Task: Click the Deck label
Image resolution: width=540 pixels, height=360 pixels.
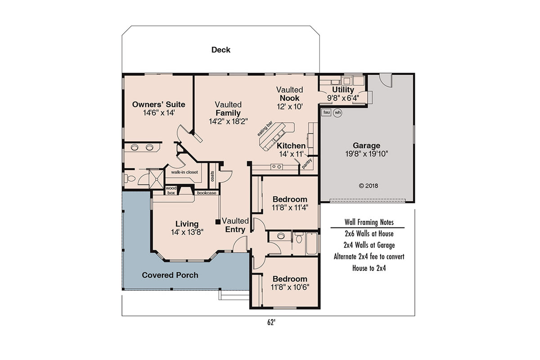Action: pyautogui.click(x=220, y=49)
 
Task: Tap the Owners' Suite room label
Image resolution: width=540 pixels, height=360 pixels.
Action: pyautogui.click(x=158, y=104)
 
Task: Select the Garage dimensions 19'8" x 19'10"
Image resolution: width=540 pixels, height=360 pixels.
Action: pyautogui.click(x=366, y=153)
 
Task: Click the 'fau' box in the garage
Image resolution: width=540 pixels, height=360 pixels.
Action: pyautogui.click(x=327, y=112)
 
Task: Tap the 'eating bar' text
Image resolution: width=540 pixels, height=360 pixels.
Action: pyautogui.click(x=265, y=129)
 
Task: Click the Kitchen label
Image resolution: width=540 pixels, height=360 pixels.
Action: pyautogui.click(x=291, y=146)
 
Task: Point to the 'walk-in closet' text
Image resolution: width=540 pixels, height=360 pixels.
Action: pyautogui.click(x=184, y=172)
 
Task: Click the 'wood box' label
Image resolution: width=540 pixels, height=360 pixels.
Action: pyautogui.click(x=171, y=190)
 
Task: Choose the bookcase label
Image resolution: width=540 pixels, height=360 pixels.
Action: pyautogui.click(x=207, y=193)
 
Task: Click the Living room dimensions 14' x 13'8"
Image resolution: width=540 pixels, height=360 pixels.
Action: pyautogui.click(x=187, y=232)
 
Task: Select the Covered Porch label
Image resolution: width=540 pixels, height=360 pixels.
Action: pyautogui.click(x=170, y=275)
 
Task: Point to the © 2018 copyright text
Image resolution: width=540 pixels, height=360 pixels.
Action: pyautogui.click(x=368, y=185)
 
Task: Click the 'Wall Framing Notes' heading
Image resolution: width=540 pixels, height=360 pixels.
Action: pyautogui.click(x=369, y=222)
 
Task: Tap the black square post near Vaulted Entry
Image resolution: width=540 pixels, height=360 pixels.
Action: pyautogui.click(x=218, y=221)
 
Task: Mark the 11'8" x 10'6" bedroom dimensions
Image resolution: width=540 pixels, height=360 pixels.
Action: pyautogui.click(x=290, y=287)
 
